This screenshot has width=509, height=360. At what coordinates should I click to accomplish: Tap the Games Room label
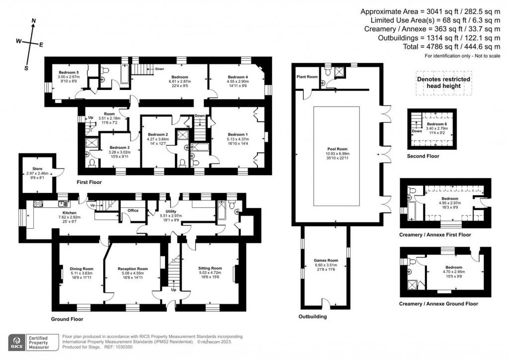pyautogui.click(x=326, y=260)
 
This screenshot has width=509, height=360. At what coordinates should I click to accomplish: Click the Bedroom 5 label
pyautogui.click(x=68, y=73)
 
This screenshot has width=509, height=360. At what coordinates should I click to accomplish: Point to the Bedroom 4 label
pyautogui.click(x=238, y=77)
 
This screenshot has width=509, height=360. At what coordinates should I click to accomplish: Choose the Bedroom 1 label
pyautogui.click(x=237, y=134)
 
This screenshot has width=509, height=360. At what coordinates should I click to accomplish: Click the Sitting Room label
pyautogui.click(x=209, y=268)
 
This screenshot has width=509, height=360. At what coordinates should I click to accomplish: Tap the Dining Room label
pyautogui.click(x=82, y=269)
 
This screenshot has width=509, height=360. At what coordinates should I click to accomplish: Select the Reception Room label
pyautogui.click(x=133, y=269)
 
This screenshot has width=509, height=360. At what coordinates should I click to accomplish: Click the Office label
pyautogui.click(x=133, y=210)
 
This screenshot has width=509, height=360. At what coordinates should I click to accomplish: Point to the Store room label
pyautogui.click(x=37, y=168)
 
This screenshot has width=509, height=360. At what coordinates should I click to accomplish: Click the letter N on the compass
pyautogui.click(x=33, y=21)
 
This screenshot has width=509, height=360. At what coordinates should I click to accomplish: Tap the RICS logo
pyautogui.click(x=17, y=343)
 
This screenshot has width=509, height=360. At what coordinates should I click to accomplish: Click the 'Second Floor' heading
pyautogui.click(x=423, y=156)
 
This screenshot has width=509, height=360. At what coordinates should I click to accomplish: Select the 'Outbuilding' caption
pyautogui.click(x=313, y=316)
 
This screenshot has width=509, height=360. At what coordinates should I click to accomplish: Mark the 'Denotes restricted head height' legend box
pyautogui.click(x=443, y=83)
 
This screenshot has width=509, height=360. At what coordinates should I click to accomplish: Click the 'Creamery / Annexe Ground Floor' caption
pyautogui.click(x=438, y=303)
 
